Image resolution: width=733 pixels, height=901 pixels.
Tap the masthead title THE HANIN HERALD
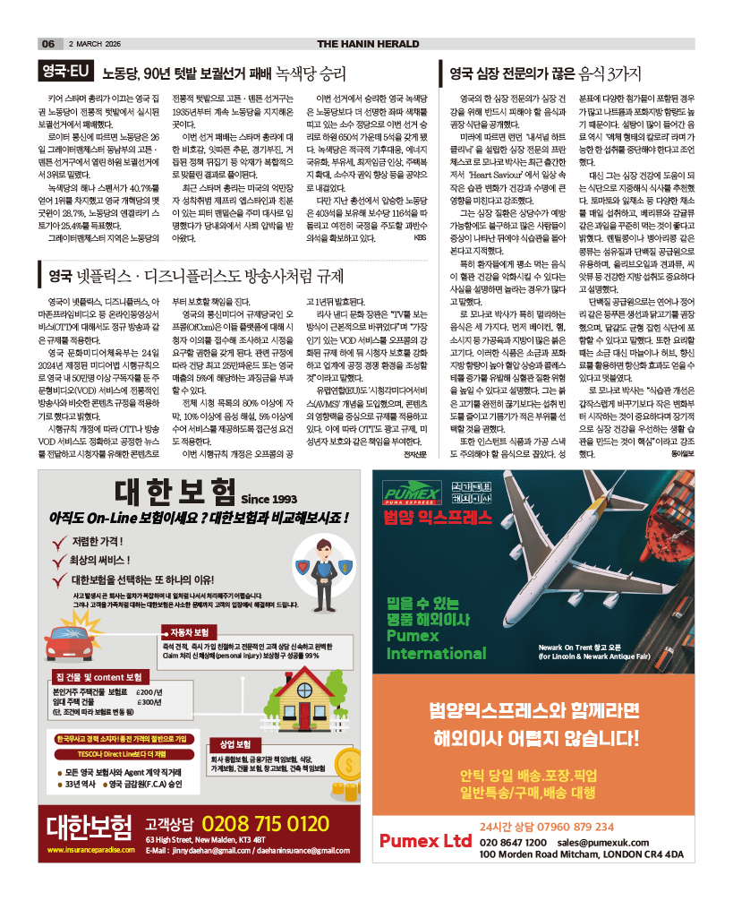tap(368, 44)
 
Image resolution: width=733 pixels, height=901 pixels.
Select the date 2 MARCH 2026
tap(94, 44)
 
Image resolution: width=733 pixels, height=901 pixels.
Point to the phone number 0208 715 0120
tap(265, 823)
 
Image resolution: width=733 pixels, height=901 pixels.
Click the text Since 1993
tap(268, 499)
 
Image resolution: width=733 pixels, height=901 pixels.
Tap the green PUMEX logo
tap(407, 495)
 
